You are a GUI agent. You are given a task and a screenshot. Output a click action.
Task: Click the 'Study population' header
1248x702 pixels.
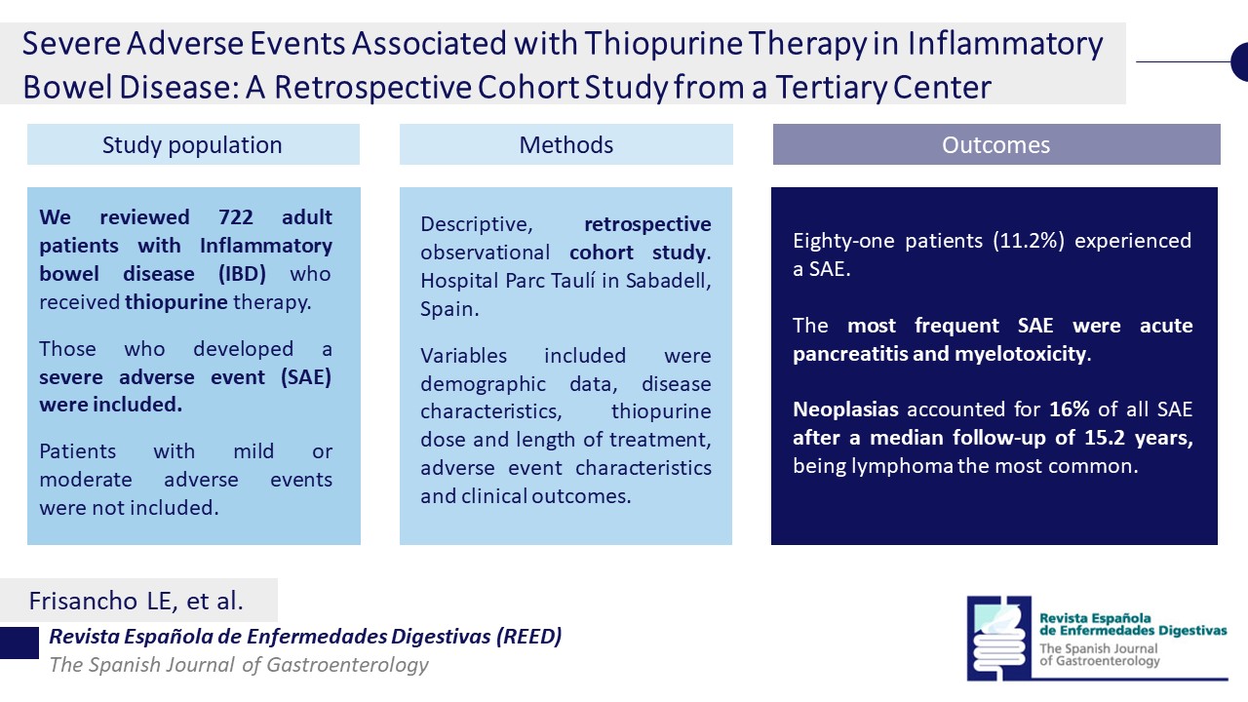pos(193,144)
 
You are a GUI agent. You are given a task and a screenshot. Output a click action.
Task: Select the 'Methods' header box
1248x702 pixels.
pos(566,144)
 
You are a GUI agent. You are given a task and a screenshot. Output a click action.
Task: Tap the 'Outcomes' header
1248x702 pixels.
pos(996,144)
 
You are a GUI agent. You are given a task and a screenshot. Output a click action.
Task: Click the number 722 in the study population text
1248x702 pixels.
pos(236,216)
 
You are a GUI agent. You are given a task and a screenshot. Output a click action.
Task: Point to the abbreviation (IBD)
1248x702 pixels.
pos(242,274)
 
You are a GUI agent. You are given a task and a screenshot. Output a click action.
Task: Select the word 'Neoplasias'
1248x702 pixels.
pos(845,409)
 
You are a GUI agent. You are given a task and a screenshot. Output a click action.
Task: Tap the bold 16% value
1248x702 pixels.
pos(1070,409)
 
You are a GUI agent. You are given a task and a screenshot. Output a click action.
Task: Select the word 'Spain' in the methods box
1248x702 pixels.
pos(447,309)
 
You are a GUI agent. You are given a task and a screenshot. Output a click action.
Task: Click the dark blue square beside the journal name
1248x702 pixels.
pos(19,643)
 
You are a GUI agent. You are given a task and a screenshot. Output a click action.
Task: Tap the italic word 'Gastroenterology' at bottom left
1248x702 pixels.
pos(348,665)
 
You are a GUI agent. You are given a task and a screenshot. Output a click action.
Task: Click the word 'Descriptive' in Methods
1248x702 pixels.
pos(477,224)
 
